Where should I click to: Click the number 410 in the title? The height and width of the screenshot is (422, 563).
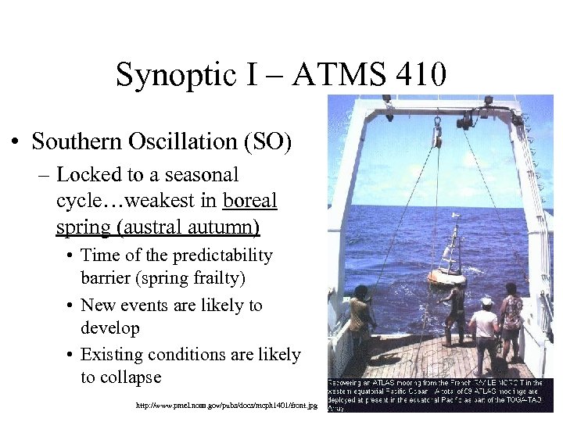[x=421, y=75]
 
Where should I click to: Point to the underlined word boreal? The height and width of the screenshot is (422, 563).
[x=249, y=200]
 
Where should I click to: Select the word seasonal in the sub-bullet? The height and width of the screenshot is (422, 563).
[x=202, y=174]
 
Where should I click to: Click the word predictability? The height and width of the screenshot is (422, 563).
[x=219, y=256]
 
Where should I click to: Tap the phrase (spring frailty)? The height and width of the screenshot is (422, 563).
[x=203, y=278]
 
